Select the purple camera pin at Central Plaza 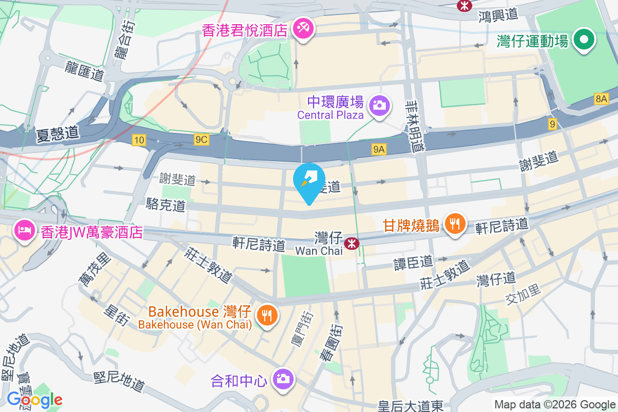(x=380, y=106)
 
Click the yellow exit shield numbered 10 (x=139, y=140)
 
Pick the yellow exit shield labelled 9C (x=201, y=140)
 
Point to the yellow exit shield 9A (x=379, y=149)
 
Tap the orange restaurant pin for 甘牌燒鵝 (x=455, y=224)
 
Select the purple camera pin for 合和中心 (x=283, y=379)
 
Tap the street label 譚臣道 (x=413, y=262)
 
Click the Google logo (x=35, y=400)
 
